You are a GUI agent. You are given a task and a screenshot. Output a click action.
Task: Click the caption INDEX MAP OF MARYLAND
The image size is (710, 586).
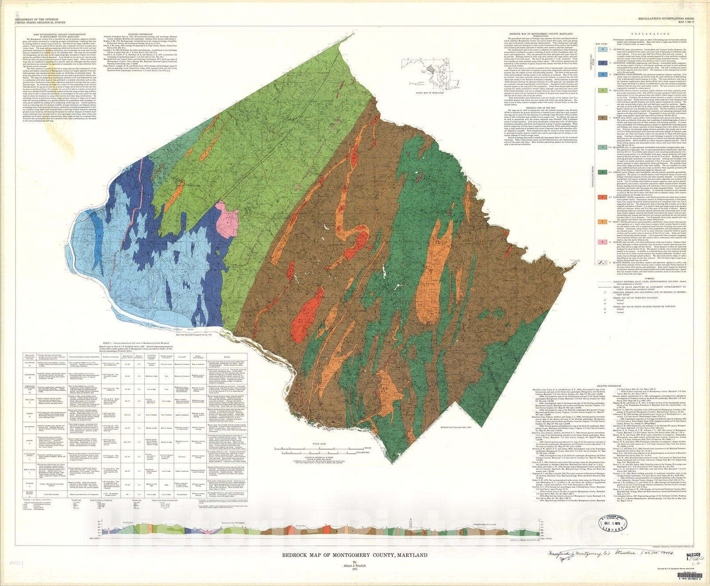coord(430,93)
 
